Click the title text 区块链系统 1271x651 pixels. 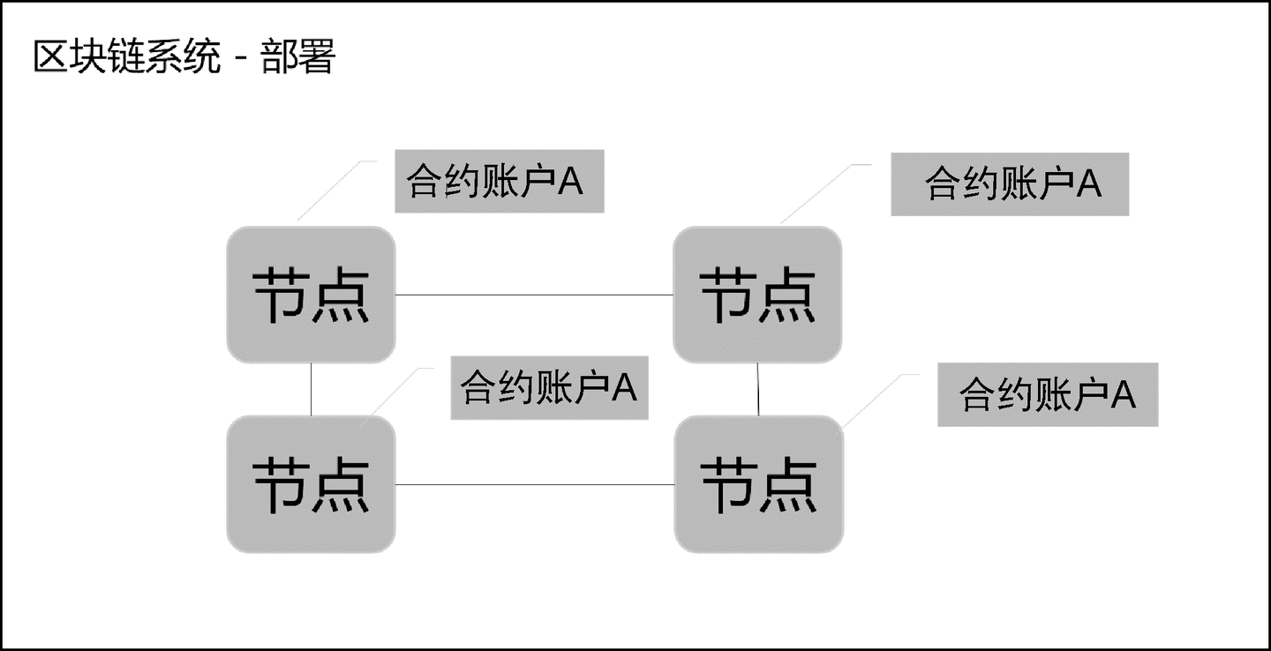126,58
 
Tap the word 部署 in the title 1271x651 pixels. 298,58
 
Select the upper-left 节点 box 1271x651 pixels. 311,295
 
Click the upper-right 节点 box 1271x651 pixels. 757,295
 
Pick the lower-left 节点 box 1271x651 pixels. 311,484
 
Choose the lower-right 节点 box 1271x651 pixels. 758,484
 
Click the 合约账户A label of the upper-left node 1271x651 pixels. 499,183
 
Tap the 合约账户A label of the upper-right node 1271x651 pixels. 1010,183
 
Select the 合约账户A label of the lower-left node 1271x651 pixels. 549,387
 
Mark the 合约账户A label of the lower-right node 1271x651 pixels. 1047,394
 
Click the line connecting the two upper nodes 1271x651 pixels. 534,295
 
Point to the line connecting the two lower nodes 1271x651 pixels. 534,484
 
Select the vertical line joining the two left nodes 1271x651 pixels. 311,389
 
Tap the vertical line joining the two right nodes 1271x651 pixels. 758,389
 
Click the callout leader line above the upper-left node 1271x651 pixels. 329,191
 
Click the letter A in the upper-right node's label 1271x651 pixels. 1090,183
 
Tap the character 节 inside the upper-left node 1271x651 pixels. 281,295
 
